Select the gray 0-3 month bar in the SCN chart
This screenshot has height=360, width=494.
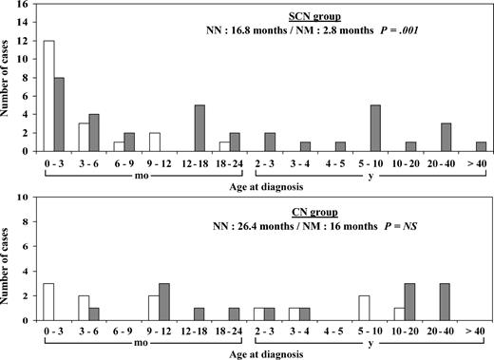tap(61, 120)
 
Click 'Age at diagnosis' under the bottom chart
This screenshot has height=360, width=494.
tap(258, 353)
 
